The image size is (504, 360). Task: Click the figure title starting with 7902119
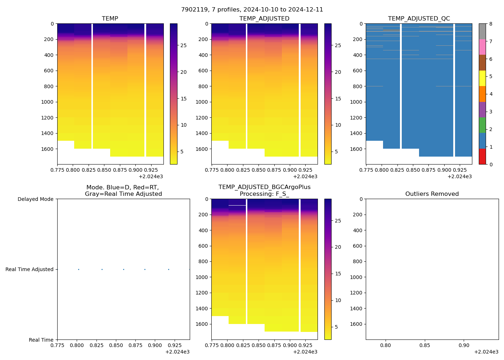click(x=252, y=10)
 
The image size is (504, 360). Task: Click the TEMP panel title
click(x=110, y=19)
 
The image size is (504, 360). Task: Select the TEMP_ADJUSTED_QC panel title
click(x=419, y=19)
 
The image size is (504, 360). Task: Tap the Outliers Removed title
click(x=432, y=194)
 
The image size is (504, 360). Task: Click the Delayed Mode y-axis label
click(x=35, y=199)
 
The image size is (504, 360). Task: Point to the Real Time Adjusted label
click(x=30, y=269)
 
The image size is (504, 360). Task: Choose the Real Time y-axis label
click(x=41, y=340)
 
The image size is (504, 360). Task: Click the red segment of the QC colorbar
click(x=482, y=157)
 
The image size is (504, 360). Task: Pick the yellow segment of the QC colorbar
click(x=482, y=78)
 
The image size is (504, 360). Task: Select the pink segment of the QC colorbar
click(x=482, y=47)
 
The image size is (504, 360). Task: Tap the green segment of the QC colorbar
click(x=482, y=125)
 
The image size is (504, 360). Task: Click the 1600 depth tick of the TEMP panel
click(x=47, y=149)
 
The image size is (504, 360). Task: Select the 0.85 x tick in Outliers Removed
click(x=425, y=345)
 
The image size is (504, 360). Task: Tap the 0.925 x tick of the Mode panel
click(x=174, y=345)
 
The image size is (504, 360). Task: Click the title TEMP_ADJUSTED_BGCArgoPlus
click(x=264, y=187)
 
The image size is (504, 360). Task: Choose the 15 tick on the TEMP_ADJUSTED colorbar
click(x=338, y=99)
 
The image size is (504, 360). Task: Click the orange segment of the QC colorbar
click(x=482, y=94)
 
